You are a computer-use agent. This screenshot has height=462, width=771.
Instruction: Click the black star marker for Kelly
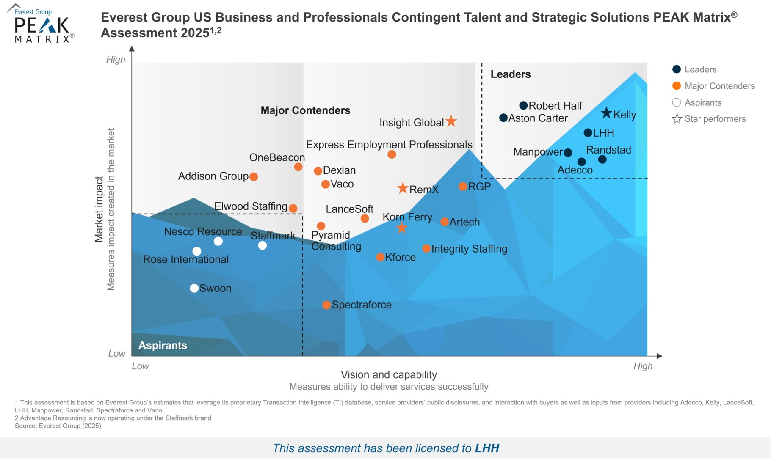[x=606, y=113]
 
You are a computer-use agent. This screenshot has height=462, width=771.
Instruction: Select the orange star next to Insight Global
[x=451, y=121]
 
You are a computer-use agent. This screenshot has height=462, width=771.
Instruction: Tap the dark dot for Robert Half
[x=523, y=105]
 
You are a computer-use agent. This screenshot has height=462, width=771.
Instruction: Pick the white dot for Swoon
[x=194, y=288]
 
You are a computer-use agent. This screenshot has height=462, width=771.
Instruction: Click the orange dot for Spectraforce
[x=326, y=305]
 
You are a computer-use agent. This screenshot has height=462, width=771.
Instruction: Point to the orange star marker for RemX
[x=403, y=188]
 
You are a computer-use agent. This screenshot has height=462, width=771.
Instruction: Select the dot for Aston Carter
[x=503, y=118]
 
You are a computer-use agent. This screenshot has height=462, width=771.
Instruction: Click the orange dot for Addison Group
[x=254, y=177]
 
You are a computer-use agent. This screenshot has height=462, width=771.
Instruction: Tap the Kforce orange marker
[x=380, y=257]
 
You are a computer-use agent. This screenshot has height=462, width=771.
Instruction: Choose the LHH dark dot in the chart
[x=588, y=133]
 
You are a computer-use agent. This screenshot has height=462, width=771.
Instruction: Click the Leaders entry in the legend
[x=700, y=69]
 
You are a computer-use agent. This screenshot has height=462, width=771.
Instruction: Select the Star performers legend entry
[x=715, y=119]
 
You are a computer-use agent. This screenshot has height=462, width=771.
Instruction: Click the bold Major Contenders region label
[x=305, y=110]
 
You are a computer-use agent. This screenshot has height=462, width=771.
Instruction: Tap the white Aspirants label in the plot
[x=163, y=345]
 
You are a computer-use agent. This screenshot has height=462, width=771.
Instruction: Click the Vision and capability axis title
[x=389, y=374]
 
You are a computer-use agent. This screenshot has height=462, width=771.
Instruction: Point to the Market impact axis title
[x=99, y=209]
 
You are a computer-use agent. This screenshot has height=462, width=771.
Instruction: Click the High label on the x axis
[x=643, y=366]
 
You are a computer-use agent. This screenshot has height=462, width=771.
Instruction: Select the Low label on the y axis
[x=117, y=353]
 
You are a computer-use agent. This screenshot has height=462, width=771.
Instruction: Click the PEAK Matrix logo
[x=41, y=24]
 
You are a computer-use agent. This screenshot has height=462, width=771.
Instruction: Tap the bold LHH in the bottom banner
[x=487, y=448]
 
